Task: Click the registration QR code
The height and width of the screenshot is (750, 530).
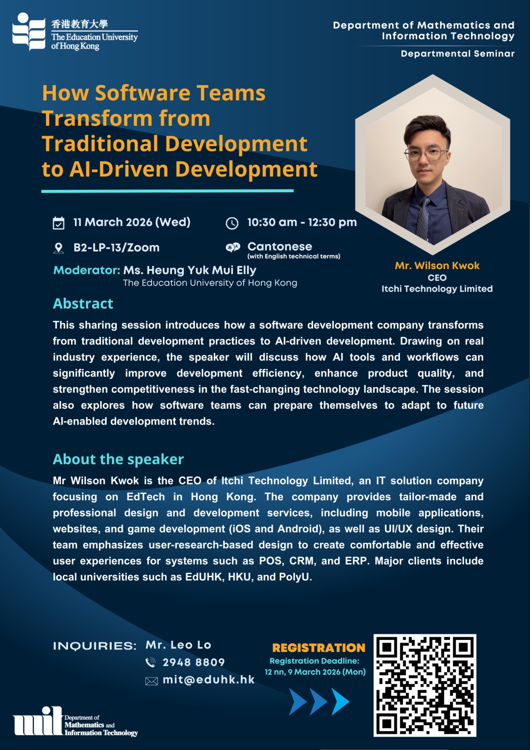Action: (424, 685)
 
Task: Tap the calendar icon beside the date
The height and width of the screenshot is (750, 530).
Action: (58, 223)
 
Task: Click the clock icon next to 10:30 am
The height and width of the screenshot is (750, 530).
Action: (232, 223)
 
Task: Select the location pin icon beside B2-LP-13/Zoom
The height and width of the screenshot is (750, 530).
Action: (58, 248)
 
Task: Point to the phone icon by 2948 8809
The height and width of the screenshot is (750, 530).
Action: (151, 662)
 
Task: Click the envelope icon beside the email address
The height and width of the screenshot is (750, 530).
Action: (151, 681)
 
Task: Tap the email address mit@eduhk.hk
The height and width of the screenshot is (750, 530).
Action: (208, 680)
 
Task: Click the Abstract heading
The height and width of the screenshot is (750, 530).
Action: (83, 304)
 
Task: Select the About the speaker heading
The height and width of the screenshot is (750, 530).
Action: (118, 459)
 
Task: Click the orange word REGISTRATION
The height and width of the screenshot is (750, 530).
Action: (319, 647)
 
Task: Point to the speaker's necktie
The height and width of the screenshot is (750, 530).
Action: (423, 217)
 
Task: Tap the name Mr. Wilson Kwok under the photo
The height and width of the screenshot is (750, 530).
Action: (437, 266)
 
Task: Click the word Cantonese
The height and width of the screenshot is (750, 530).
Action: (280, 247)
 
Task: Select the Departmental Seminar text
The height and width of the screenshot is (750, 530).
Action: (458, 53)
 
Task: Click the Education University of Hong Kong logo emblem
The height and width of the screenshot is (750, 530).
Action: (29, 31)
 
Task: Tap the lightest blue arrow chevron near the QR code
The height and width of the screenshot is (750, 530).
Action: (340, 701)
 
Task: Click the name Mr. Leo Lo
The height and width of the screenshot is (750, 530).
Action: (178, 645)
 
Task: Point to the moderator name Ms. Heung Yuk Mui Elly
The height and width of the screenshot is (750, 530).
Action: (190, 270)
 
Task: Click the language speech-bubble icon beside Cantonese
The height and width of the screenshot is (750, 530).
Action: (233, 247)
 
